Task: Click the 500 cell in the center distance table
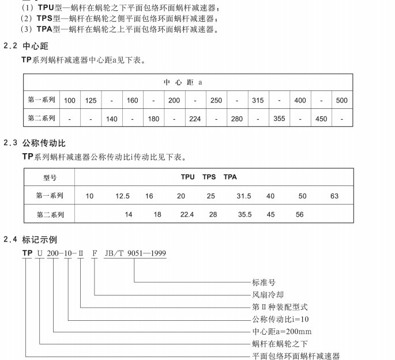click(x=342, y=100)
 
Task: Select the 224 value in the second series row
click(x=195, y=119)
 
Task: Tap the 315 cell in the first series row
click(x=258, y=100)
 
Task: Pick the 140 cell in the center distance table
click(x=112, y=119)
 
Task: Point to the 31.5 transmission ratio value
click(x=244, y=196)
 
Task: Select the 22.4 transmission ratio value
click(x=187, y=215)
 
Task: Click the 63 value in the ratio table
click(x=334, y=196)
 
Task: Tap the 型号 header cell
click(x=50, y=177)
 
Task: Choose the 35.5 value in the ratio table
click(x=244, y=215)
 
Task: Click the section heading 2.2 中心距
click(x=28, y=46)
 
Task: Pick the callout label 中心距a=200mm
click(x=281, y=332)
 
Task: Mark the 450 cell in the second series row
click(x=321, y=119)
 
